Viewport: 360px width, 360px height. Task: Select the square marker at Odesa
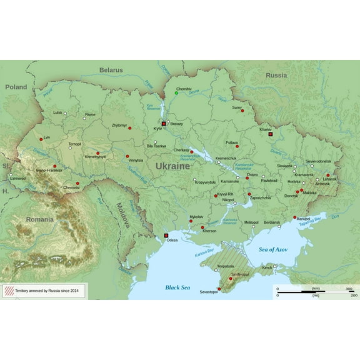(166, 235)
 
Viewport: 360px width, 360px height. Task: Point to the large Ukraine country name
(172, 167)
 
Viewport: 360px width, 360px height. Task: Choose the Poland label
(16, 87)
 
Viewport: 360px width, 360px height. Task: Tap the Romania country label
(39, 219)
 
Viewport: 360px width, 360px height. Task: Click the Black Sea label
(177, 287)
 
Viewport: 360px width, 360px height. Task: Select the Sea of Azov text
(275, 249)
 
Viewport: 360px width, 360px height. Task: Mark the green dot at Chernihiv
(176, 93)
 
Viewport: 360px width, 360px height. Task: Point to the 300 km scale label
(349, 289)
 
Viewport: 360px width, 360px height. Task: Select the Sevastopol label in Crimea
(208, 292)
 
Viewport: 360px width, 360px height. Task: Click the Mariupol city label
(304, 219)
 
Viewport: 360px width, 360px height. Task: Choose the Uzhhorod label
(17, 178)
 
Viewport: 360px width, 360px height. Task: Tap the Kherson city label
(209, 231)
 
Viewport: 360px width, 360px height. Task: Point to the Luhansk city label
(329, 179)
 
